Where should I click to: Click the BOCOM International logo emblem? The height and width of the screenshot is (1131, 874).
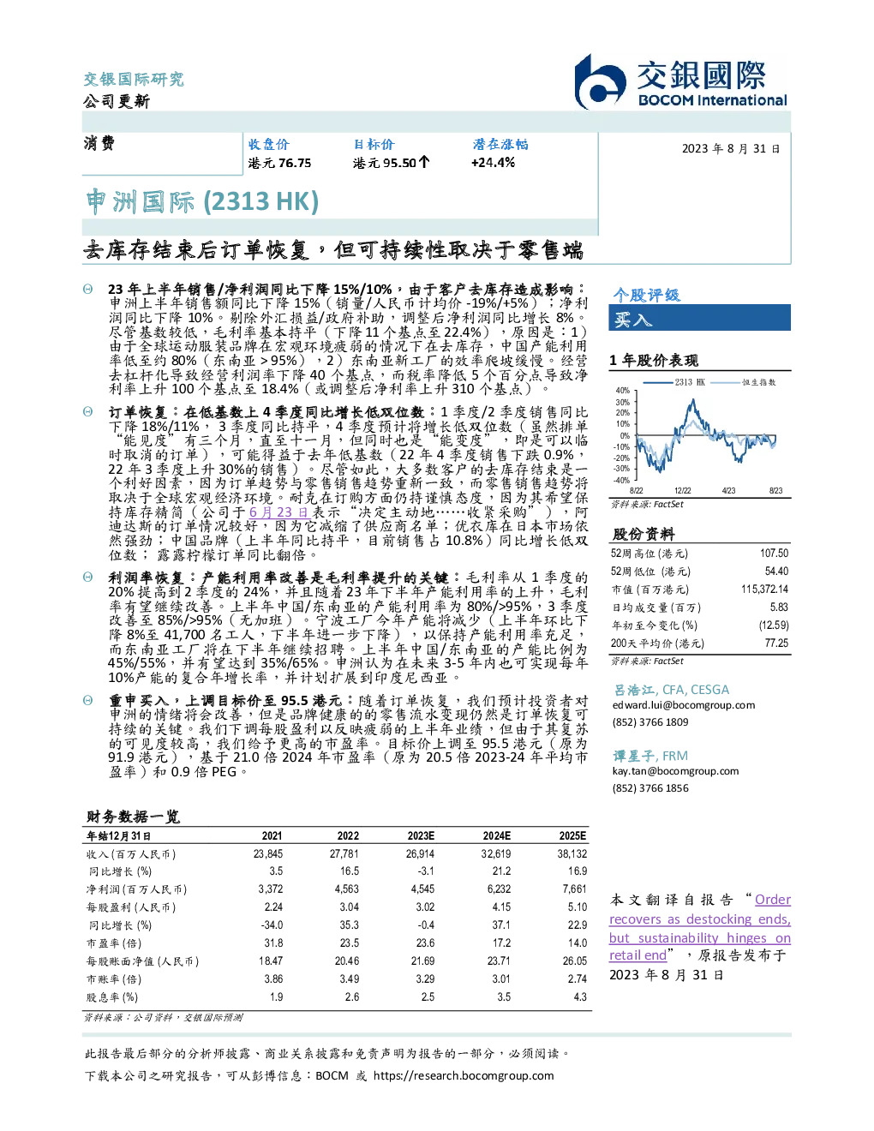click(600, 81)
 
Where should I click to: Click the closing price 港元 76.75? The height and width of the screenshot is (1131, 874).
click(279, 164)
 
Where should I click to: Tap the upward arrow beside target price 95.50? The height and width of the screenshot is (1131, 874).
click(424, 163)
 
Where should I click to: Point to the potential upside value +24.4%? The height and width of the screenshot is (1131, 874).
click(493, 163)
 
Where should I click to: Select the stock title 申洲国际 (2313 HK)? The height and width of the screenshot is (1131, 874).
click(202, 202)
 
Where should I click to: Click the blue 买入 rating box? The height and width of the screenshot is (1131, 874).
click(699, 318)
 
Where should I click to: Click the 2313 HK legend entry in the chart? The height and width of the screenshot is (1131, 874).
click(673, 382)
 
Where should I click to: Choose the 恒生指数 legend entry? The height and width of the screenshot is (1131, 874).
click(743, 382)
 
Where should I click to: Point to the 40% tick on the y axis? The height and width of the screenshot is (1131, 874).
click(623, 391)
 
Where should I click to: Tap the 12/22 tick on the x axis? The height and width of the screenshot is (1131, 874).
click(682, 490)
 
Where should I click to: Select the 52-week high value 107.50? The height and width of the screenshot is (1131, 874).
click(774, 554)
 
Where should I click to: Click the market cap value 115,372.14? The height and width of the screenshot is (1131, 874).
click(764, 589)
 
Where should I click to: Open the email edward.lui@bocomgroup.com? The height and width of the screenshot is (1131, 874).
click(684, 705)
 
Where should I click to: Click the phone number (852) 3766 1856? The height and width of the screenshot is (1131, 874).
click(650, 788)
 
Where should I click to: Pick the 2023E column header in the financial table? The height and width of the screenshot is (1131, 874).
click(421, 836)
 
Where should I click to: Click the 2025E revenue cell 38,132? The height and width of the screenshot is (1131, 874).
click(572, 854)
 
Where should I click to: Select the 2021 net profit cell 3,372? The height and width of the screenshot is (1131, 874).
click(270, 889)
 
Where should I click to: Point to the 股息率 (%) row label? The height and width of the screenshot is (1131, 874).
click(112, 997)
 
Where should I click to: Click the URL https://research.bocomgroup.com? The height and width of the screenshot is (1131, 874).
click(464, 1076)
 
